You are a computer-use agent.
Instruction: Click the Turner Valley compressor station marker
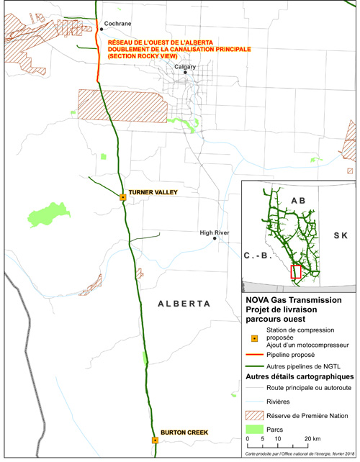pos(123,196)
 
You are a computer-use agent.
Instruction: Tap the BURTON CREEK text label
pos(184,432)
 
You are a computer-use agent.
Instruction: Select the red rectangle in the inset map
pos(294,271)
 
